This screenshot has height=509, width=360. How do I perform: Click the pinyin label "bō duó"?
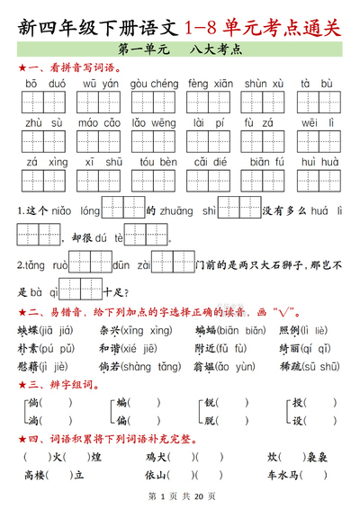click(43, 83)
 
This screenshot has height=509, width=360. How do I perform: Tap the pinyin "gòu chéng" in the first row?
click(154, 83)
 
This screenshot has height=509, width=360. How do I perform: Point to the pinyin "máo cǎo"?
click(100, 122)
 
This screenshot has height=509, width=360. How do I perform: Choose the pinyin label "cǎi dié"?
click(210, 161)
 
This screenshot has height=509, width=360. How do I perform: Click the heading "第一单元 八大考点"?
click(179, 50)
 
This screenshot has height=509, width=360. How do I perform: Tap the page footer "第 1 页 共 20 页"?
click(179, 496)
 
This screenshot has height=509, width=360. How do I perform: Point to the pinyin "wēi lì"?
click(319, 122)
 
